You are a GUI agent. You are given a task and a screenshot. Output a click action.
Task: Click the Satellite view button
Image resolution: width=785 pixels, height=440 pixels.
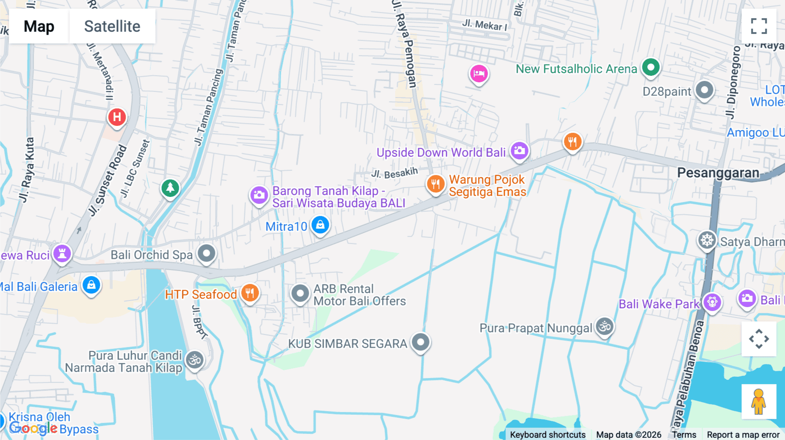pos(112,27)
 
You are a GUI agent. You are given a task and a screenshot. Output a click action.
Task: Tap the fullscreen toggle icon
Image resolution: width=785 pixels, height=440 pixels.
pos(759,26)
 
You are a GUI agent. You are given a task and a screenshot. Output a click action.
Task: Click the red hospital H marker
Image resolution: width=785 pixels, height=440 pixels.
pos(117,117)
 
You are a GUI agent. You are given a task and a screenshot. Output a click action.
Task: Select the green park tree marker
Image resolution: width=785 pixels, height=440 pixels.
pos(170,189)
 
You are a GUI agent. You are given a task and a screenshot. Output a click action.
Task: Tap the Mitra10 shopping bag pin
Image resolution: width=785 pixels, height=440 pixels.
pos(321,225)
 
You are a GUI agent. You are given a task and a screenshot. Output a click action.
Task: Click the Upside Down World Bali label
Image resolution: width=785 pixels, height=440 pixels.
pos(441,153)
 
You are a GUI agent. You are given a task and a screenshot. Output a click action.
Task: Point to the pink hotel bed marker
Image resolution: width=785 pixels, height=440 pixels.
pos(478,74)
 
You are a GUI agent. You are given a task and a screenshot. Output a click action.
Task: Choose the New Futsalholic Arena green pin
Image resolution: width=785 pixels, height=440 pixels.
pos(651,68)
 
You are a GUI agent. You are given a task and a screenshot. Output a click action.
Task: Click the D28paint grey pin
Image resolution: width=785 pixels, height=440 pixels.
pos(704,91)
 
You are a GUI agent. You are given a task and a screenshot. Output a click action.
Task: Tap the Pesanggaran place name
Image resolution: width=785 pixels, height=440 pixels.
pos(718,173)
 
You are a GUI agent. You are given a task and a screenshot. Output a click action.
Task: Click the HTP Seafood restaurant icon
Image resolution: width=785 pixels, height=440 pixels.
pos(250,293)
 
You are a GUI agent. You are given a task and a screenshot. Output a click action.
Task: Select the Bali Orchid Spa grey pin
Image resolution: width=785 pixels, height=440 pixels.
pos(206,254)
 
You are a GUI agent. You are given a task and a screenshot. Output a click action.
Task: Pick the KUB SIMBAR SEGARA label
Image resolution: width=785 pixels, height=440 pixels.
pos(347,344)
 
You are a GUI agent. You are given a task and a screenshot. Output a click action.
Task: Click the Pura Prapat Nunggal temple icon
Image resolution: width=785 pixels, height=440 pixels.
pos(605,326)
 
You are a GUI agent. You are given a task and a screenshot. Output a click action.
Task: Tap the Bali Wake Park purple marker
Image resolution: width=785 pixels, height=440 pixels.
pos(712,302)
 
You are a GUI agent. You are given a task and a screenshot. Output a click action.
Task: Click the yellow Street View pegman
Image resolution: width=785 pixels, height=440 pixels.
pos(758,401)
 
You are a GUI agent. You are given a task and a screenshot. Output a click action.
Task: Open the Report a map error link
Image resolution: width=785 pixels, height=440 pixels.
pos(743,435)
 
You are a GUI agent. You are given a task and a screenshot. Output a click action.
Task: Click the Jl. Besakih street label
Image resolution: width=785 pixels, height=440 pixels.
pos(394,173)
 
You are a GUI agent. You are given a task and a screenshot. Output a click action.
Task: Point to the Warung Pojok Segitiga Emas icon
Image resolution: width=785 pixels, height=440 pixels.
pos(435,184)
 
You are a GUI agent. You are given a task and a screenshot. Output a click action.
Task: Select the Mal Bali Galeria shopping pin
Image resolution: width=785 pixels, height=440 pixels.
pos(91,285)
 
